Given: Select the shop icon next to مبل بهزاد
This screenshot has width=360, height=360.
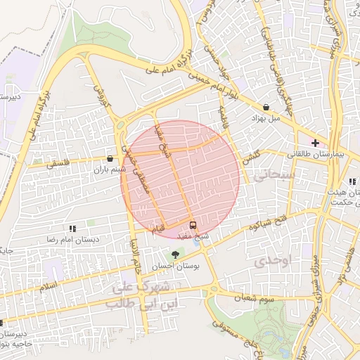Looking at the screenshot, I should [266, 108].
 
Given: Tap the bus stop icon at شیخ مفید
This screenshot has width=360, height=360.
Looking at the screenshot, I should [193, 225].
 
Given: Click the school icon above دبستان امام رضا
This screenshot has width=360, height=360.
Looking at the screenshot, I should [72, 229].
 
